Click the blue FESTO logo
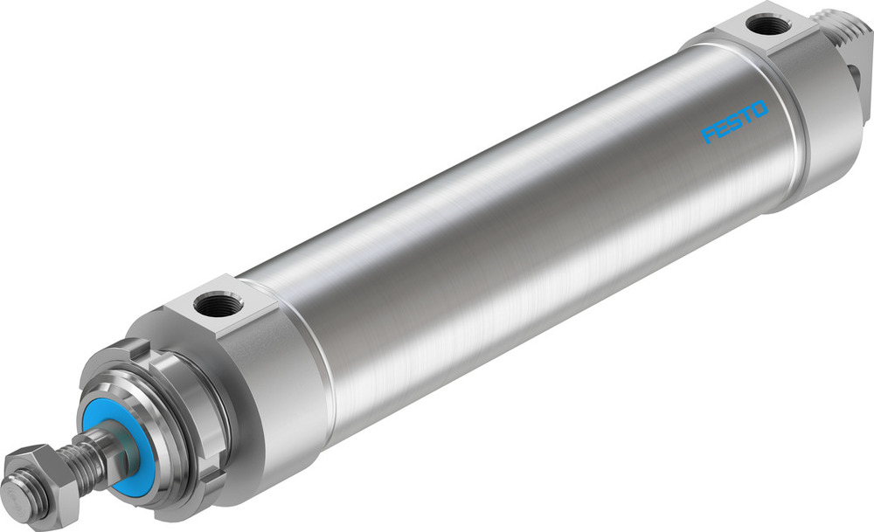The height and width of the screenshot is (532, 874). [734, 121]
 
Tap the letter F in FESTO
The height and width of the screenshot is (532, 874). [708, 135]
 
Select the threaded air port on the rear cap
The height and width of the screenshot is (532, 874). [768, 25]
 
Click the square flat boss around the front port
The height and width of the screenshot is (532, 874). [223, 301]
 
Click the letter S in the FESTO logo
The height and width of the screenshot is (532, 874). [732, 122]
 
